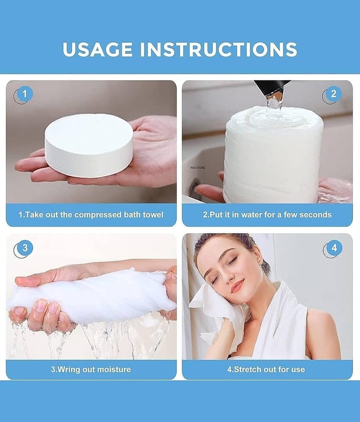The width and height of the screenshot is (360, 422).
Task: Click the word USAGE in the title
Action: (x=98, y=49)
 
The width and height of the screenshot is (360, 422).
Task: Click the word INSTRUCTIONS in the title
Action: (x=219, y=49)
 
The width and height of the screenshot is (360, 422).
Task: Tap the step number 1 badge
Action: (x=24, y=95)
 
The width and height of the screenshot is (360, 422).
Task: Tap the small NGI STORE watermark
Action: (x=198, y=168)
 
